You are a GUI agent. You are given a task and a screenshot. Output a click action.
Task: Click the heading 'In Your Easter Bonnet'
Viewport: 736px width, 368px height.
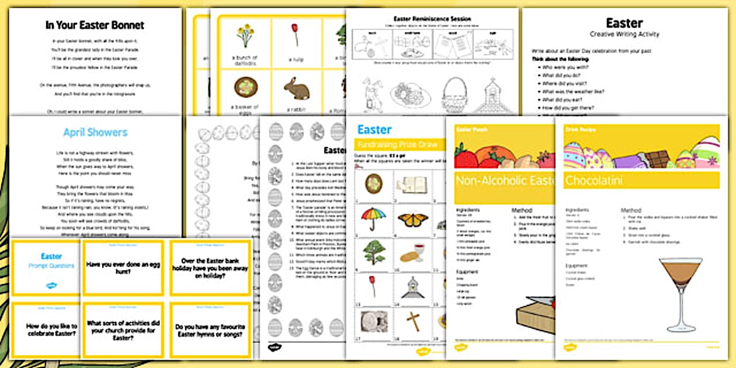pyautogui.click(x=95, y=25)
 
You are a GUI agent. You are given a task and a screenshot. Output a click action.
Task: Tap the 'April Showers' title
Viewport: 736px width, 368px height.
pyautogui.click(x=95, y=133)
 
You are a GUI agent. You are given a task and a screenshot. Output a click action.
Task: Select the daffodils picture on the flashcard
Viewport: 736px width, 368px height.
pyautogui.click(x=245, y=36)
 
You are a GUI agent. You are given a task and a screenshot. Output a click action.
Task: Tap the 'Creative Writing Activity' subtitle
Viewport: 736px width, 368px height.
pyautogui.click(x=624, y=34)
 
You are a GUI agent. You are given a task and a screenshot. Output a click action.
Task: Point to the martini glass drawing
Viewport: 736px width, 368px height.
pyautogui.click(x=681, y=292)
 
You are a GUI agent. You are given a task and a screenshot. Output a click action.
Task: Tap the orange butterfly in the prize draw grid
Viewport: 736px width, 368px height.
pyautogui.click(x=413, y=219)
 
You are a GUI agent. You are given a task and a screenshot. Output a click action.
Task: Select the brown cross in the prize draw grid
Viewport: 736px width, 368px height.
pyautogui.click(x=413, y=321)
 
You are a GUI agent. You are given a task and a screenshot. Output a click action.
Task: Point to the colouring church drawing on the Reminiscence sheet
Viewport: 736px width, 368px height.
pyautogui.click(x=492, y=95)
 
